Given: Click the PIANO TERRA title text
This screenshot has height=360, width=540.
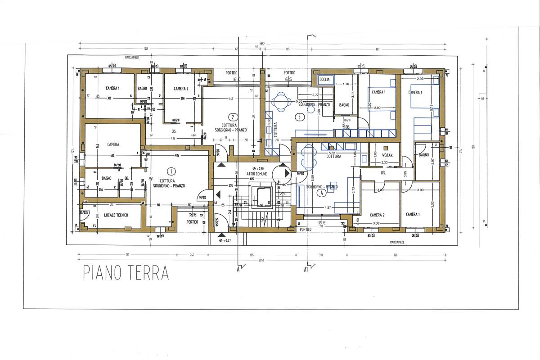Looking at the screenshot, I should click(x=126, y=273).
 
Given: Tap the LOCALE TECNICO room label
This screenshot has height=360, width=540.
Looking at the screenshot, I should click(x=116, y=215).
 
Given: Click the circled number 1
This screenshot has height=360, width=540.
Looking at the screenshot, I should click(x=171, y=171).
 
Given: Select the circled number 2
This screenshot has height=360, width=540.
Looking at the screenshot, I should click(x=233, y=115).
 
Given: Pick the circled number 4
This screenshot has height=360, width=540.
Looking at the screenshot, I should click(x=320, y=193).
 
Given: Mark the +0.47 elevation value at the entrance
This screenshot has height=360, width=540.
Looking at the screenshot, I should click(x=226, y=241).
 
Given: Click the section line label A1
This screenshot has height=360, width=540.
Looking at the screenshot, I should click(x=306, y=270).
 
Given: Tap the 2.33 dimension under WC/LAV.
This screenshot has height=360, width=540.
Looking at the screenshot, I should click(x=384, y=162).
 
